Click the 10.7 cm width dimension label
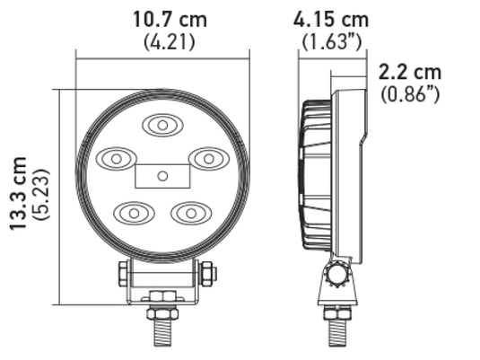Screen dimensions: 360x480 click(x=163, y=18)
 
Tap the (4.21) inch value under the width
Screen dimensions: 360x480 click(x=163, y=40)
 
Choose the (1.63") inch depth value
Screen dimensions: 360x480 click(x=331, y=40)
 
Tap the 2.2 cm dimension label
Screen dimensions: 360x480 click(x=410, y=72)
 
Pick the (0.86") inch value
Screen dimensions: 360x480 click(x=410, y=92)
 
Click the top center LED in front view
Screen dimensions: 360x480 click(x=162, y=126)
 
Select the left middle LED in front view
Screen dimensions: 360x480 click(x=116, y=159)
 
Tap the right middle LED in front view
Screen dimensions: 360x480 click(x=208, y=159)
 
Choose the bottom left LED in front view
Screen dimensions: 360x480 click(x=133, y=213)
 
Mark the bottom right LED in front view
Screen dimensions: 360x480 click(x=191, y=213)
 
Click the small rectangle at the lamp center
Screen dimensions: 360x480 click(x=161, y=175)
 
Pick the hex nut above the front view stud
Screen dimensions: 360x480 click(x=162, y=312)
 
